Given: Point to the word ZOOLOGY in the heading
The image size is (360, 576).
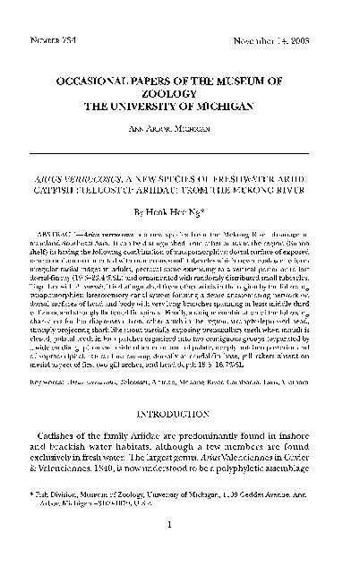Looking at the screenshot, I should click(x=181, y=92).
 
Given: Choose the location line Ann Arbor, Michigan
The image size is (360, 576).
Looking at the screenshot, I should click(x=181, y=128).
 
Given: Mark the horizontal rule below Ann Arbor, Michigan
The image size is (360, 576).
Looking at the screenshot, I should click(x=181, y=144).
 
